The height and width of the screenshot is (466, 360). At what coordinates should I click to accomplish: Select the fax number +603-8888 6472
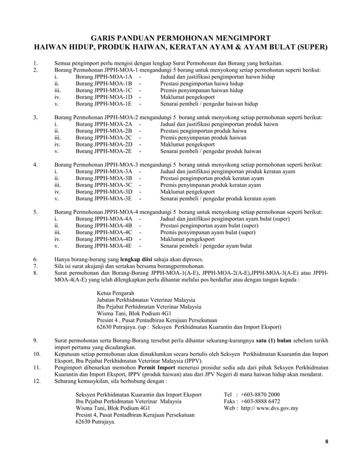pyautogui.click(x=262, y=401)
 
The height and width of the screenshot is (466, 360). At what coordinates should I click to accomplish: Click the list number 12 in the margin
pyautogui.click(x=37, y=381)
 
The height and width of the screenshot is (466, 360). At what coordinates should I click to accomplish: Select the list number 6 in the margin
pyautogui.click(x=36, y=260)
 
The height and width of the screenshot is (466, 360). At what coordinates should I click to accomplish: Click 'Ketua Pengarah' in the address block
pyautogui.click(x=116, y=293)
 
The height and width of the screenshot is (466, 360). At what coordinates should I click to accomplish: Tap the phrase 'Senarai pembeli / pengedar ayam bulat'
pyautogui.click(x=206, y=246)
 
